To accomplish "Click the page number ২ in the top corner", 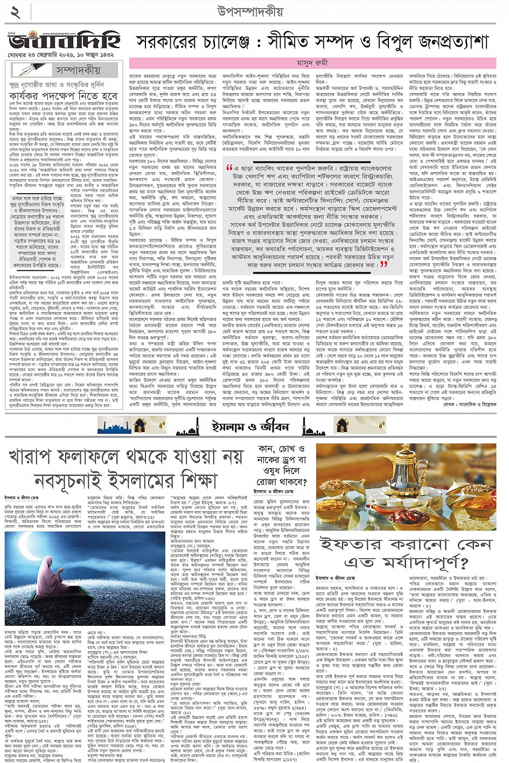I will coord(14,12).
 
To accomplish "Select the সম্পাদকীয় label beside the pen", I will coord(78,70).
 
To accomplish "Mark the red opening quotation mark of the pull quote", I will coord(230,169).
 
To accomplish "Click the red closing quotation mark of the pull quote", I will coord(384,264).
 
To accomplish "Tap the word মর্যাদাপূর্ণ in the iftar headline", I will coord(415,562).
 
